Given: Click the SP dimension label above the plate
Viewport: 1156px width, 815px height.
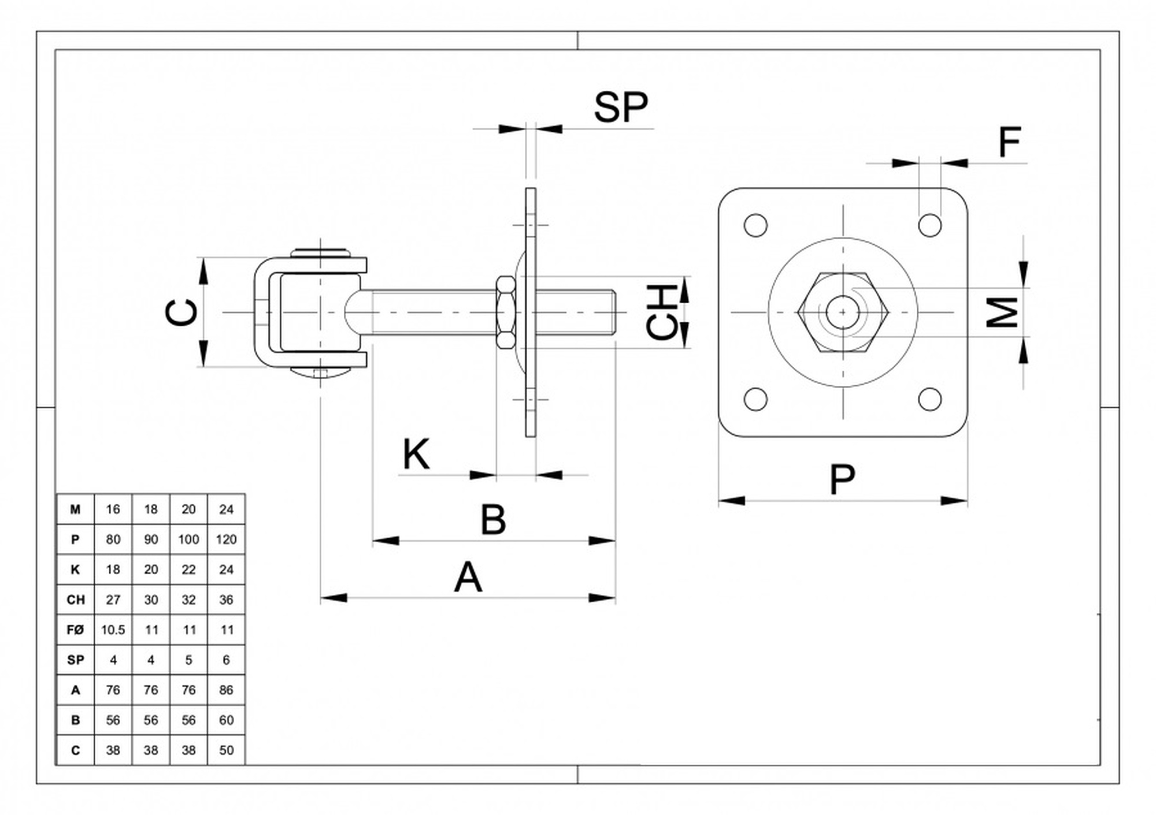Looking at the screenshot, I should [621, 107].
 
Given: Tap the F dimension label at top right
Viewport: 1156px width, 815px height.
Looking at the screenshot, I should [1010, 142].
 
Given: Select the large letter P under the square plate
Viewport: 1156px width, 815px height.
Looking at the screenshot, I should [842, 479].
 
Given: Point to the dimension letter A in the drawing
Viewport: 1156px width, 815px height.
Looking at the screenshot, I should [468, 577].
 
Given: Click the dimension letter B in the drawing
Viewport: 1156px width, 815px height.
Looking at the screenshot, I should [493, 519].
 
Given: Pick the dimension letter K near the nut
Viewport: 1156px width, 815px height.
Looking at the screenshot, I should [416, 454].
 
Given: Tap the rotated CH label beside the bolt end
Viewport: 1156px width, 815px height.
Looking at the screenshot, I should [662, 312].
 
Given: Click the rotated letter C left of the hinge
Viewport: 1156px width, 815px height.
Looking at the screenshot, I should [182, 312].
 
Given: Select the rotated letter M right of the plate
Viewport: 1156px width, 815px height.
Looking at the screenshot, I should [1002, 312].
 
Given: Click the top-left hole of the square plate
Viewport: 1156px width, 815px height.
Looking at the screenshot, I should [755, 225].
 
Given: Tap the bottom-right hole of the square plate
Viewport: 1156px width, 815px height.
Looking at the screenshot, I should [929, 399].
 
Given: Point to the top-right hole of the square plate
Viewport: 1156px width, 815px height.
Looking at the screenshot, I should [929, 225].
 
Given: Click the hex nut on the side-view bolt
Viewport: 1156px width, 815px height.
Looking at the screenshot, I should [506, 312].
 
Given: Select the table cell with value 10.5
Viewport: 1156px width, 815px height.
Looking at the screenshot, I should [113, 630].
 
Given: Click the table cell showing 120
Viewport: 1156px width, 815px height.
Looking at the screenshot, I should [226, 539].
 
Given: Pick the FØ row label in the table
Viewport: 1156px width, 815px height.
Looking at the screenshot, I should [75, 630].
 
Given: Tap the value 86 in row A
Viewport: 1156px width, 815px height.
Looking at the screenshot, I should [226, 690].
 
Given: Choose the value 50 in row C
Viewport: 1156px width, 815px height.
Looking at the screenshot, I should [226, 750].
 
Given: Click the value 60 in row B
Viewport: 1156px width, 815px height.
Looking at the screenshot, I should [226, 720].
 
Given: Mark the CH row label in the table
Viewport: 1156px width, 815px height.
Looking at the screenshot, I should [75, 600].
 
